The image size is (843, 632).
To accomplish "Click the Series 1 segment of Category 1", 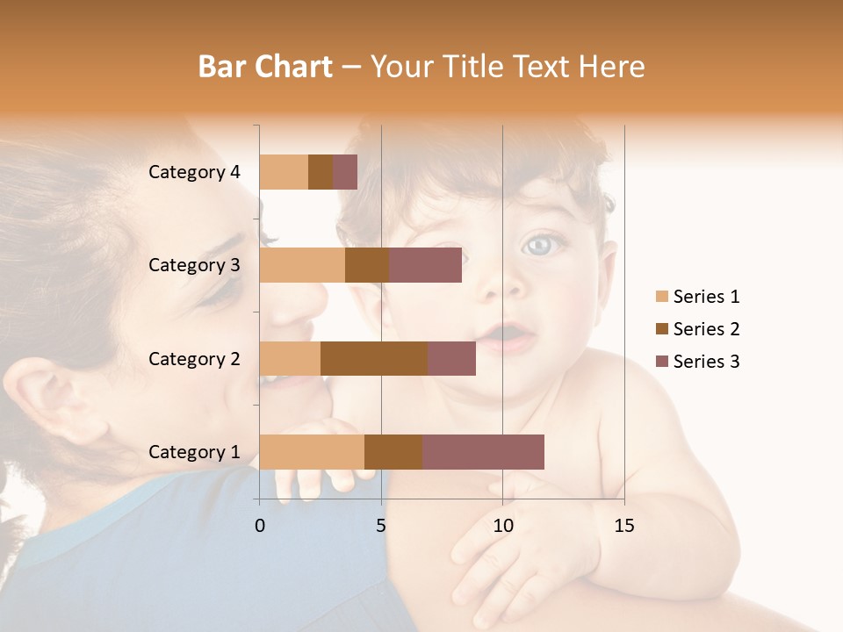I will tap(312, 451).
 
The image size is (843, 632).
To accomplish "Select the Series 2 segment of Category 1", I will tap(393, 451).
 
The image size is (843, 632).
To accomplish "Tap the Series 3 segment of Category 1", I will tap(483, 451).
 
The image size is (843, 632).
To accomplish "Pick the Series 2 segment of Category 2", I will tap(374, 358).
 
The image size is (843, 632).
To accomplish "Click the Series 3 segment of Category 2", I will tap(451, 358).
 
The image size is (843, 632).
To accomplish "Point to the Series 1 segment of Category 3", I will tap(302, 265).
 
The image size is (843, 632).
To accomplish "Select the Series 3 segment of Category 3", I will tap(425, 265).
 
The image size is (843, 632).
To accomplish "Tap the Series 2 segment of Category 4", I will tap(321, 172).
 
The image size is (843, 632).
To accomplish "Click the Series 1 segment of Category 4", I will tap(284, 172).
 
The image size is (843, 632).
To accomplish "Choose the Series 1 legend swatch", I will tap(662, 297).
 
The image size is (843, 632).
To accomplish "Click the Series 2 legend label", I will tap(706, 329).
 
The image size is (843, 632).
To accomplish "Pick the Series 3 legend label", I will tap(706, 362).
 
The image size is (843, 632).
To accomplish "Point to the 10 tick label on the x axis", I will tap(502, 526).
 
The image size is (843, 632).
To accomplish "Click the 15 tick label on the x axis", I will tap(623, 526).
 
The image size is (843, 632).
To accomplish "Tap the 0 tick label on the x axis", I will tap(260, 526).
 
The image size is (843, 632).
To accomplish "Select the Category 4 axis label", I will tap(194, 172).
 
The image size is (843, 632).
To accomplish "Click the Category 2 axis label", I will tap(194, 358).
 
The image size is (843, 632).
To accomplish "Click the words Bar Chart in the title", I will tap(265, 67).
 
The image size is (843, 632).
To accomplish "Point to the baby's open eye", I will tap(539, 245).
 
